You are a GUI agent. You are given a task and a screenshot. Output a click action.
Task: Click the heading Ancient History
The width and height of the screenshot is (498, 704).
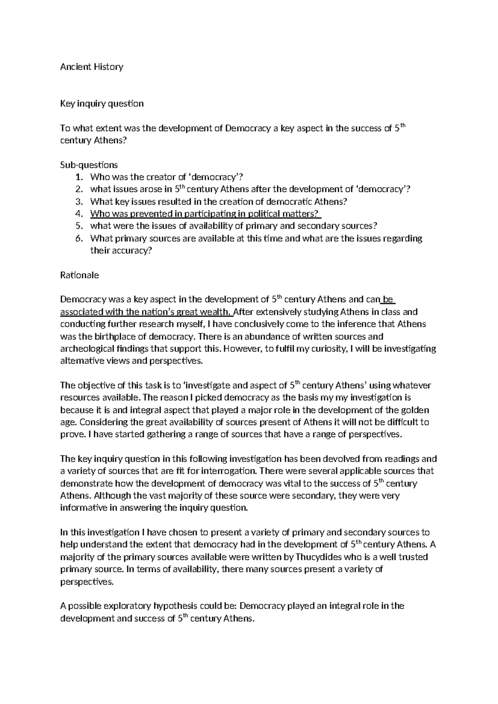[92, 66]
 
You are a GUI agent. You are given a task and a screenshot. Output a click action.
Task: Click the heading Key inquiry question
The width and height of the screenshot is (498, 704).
[102, 103]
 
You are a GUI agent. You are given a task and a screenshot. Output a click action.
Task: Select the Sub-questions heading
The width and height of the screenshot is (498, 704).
[89, 165]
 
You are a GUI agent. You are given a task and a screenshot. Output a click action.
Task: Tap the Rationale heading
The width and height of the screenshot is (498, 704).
[80, 275]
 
